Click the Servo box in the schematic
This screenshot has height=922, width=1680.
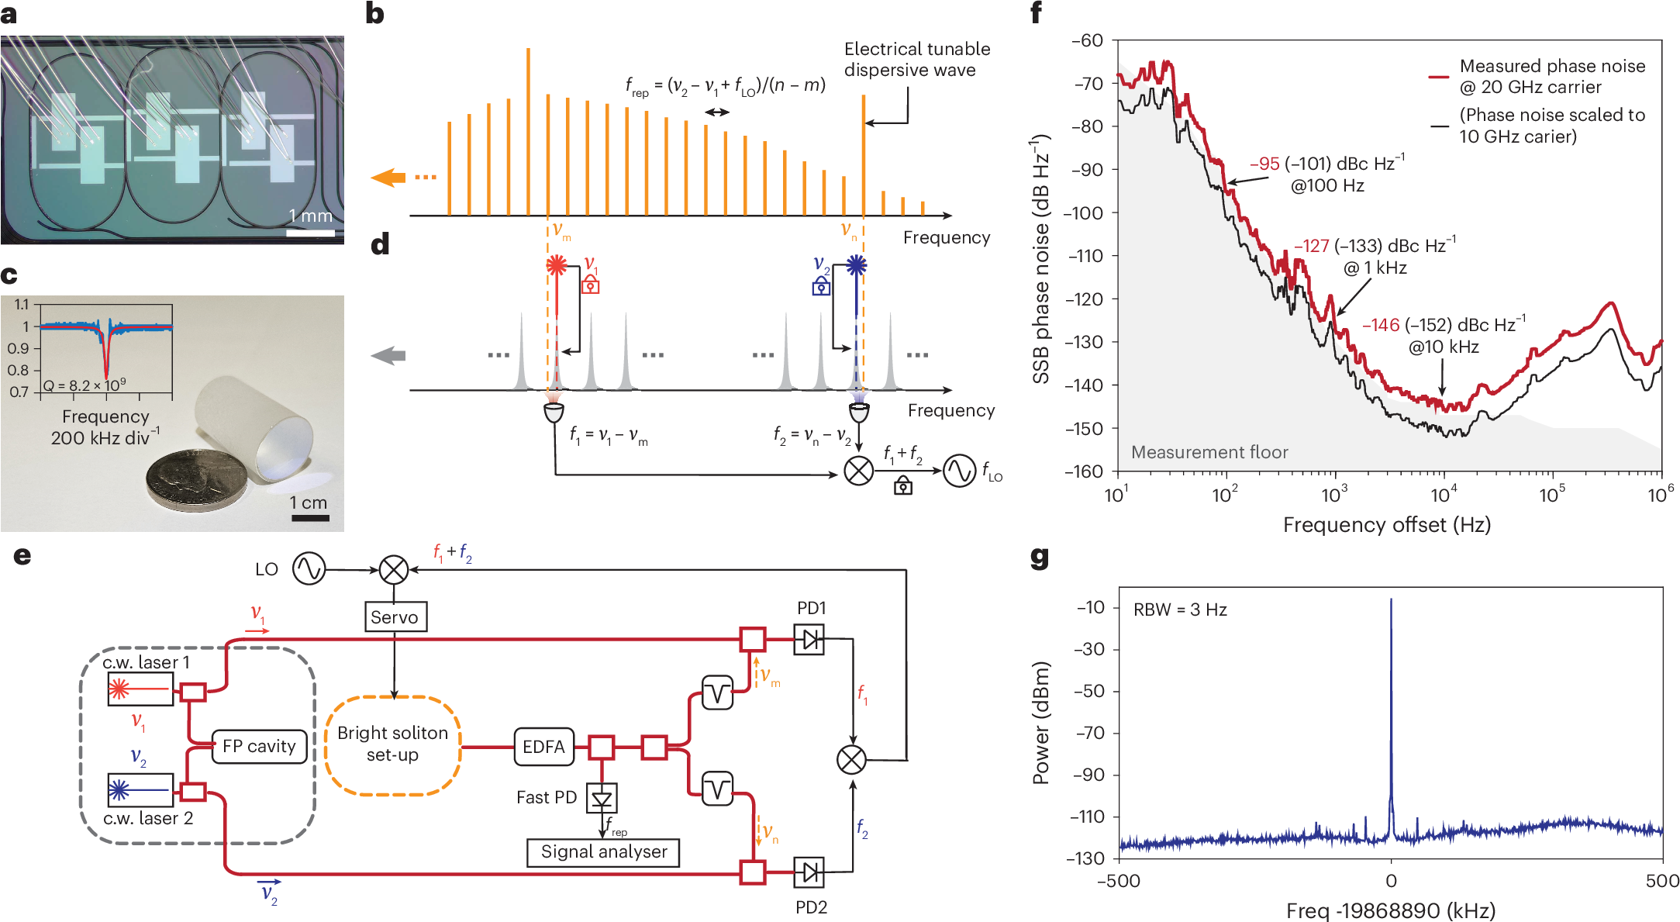click(395, 616)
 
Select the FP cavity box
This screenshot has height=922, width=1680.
click(259, 746)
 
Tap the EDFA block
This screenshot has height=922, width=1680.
click(543, 746)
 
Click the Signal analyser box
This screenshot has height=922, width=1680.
click(603, 851)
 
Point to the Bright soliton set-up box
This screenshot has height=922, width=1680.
click(392, 744)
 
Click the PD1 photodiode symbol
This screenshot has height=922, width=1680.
click(809, 639)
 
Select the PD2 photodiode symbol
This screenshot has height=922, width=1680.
click(809, 872)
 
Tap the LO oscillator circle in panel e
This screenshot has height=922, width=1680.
click(309, 569)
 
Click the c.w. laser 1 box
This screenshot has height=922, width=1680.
click(140, 689)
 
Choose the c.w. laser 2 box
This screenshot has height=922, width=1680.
click(140, 790)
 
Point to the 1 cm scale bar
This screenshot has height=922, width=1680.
click(310, 518)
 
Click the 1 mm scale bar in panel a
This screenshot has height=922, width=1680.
click(311, 233)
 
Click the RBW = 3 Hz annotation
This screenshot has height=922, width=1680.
click(1180, 609)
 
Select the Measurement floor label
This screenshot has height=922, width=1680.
click(1209, 452)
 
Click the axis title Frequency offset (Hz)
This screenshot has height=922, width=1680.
click(1386, 525)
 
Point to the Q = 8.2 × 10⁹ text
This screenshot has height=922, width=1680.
click(85, 385)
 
